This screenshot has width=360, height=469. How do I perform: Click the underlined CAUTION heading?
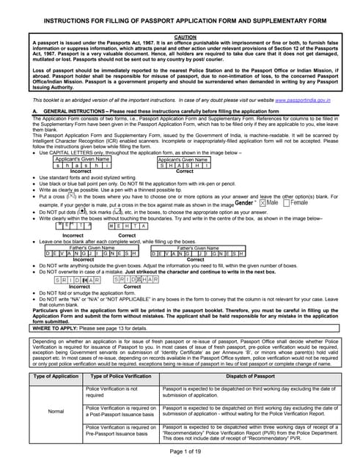pos(180,36)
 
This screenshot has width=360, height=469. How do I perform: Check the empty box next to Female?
pos(285,202)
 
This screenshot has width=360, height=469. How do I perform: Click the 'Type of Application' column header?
pos(56,376)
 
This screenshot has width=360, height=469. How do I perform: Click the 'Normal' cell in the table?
pos(56,412)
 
